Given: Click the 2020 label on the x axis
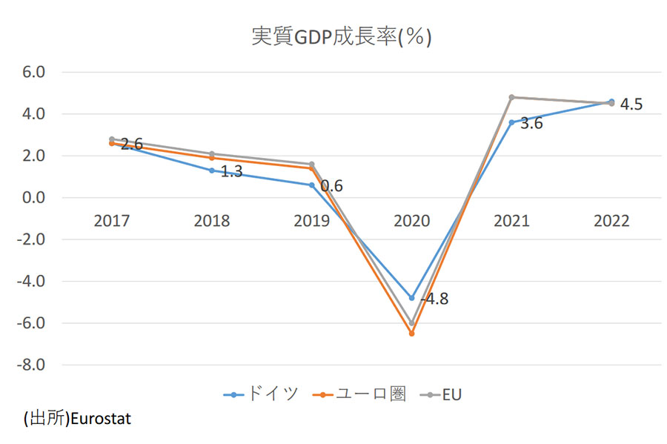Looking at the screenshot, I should [412, 222].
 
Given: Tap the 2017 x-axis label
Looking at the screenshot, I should [111, 222].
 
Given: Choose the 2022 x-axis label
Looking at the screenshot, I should [611, 222].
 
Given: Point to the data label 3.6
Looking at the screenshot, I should [531, 124].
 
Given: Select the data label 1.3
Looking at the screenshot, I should [230, 172].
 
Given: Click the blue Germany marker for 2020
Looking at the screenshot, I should [412, 298].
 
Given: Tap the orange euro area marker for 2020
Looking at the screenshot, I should [412, 334].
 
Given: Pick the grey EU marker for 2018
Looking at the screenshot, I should [212, 154].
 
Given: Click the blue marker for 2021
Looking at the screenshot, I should [511, 122].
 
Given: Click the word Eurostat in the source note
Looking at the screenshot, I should [101, 419].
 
